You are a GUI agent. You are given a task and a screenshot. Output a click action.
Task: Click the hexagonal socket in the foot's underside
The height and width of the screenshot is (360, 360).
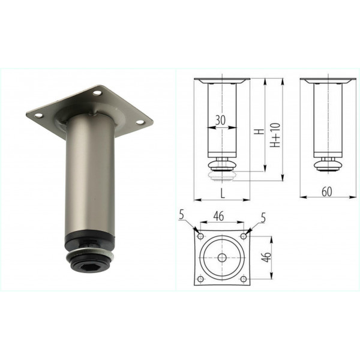[91, 267]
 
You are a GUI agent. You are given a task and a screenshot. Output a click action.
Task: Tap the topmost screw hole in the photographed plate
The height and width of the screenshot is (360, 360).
[97, 93]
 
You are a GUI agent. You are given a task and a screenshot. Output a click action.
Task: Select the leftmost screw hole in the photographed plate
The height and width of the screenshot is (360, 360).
[39, 115]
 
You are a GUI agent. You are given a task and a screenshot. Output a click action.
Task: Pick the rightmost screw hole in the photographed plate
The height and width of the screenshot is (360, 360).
[140, 122]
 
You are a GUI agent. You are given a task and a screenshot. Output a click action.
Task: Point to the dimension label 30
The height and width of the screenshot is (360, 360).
[220, 120]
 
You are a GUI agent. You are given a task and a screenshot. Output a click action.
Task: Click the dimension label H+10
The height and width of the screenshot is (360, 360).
[275, 135]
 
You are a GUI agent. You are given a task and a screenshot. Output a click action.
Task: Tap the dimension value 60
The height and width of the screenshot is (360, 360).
[327, 192]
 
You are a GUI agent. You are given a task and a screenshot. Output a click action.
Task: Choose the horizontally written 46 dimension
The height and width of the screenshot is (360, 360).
[218, 216]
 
